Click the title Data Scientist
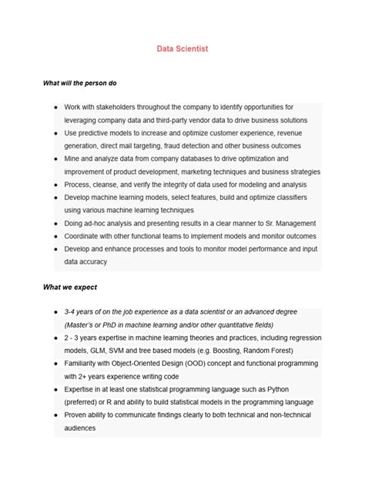[182, 48]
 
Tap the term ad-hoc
[100, 223]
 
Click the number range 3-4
[72, 312]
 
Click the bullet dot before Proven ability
[56, 416]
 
